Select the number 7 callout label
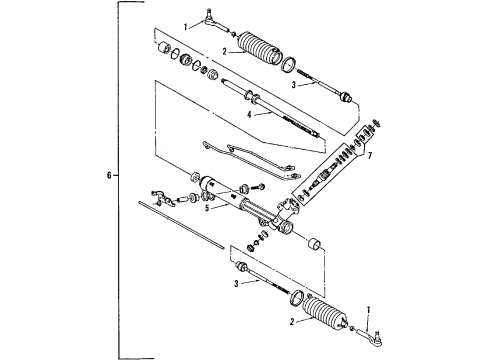[x=370, y=158]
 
